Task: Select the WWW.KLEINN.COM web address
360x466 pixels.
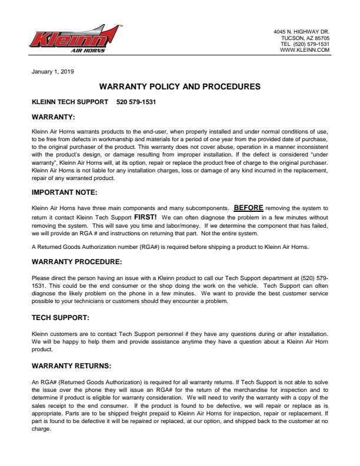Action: pyautogui.click(x=305, y=51)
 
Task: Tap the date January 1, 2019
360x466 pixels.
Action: pyautogui.click(x=52, y=72)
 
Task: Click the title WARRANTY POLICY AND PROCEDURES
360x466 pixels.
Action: pyautogui.click(x=179, y=86)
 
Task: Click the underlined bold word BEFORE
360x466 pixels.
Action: pyautogui.click(x=248, y=208)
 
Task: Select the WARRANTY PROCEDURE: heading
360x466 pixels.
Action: pyautogui.click(x=76, y=261)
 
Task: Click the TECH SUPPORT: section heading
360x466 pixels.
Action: pyautogui.click(x=61, y=317)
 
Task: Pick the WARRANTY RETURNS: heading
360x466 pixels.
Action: pyautogui.click(x=71, y=366)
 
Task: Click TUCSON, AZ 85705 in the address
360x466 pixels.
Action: pyautogui.click(x=305, y=38)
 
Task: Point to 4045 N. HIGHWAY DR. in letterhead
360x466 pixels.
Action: pyautogui.click(x=301, y=31)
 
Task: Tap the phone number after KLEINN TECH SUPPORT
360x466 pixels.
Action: pyautogui.click(x=136, y=102)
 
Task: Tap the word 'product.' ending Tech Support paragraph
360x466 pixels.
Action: pyautogui.click(x=42, y=349)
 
